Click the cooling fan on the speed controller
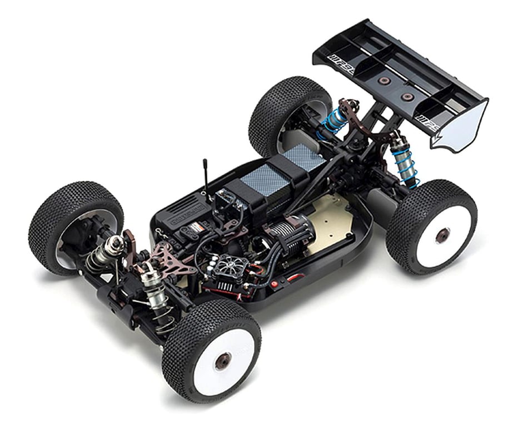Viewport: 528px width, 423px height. tap(230, 265)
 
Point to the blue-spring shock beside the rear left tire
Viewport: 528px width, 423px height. tap(332, 122)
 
